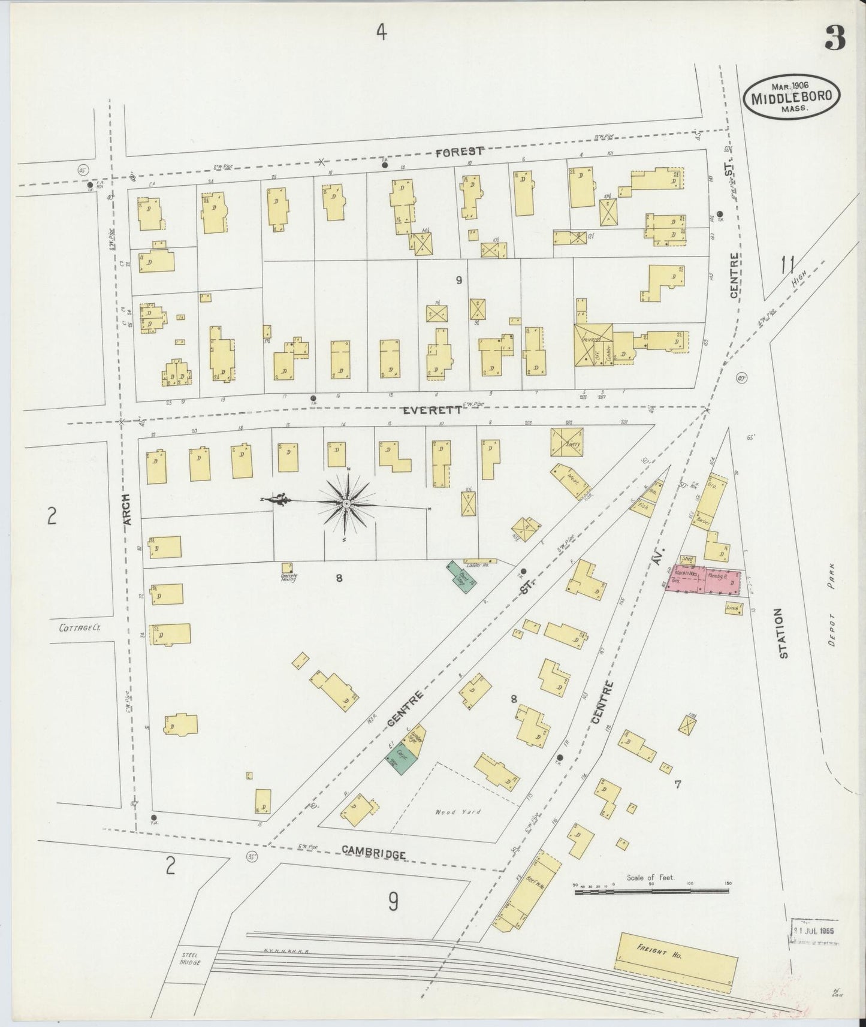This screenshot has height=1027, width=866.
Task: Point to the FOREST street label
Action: pyautogui.click(x=459, y=152)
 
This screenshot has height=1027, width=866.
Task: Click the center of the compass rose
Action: pyautogui.click(x=346, y=505)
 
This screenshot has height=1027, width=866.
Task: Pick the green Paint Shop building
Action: pyautogui.click(x=461, y=576)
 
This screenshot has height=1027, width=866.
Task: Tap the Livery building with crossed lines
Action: pyautogui.click(x=567, y=442)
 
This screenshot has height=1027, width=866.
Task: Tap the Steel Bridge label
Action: pyautogui.click(x=191, y=958)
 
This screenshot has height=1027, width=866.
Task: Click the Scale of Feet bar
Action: pyautogui.click(x=651, y=892)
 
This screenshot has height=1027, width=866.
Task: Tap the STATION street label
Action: pyautogui.click(x=783, y=633)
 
